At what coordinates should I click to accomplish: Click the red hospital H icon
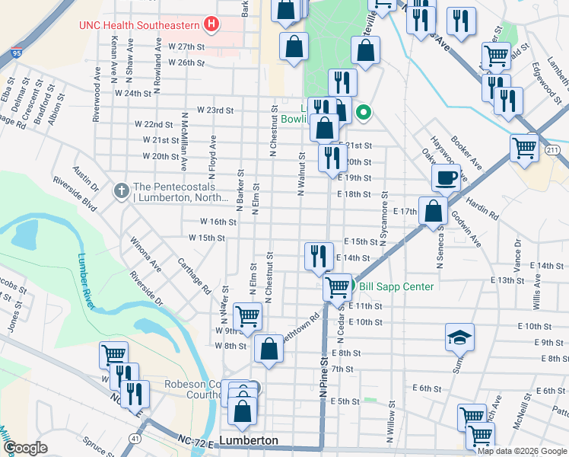click(212, 24)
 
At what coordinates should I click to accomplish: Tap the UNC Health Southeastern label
click(141, 24)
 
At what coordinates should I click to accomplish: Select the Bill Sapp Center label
click(396, 286)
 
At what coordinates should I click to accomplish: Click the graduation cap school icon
click(459, 337)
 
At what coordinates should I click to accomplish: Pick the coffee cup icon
click(446, 177)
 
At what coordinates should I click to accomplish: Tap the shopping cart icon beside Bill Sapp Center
click(337, 287)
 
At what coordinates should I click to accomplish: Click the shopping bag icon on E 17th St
click(433, 211)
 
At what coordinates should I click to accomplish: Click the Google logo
click(25, 448)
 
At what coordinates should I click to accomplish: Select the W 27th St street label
click(187, 46)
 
